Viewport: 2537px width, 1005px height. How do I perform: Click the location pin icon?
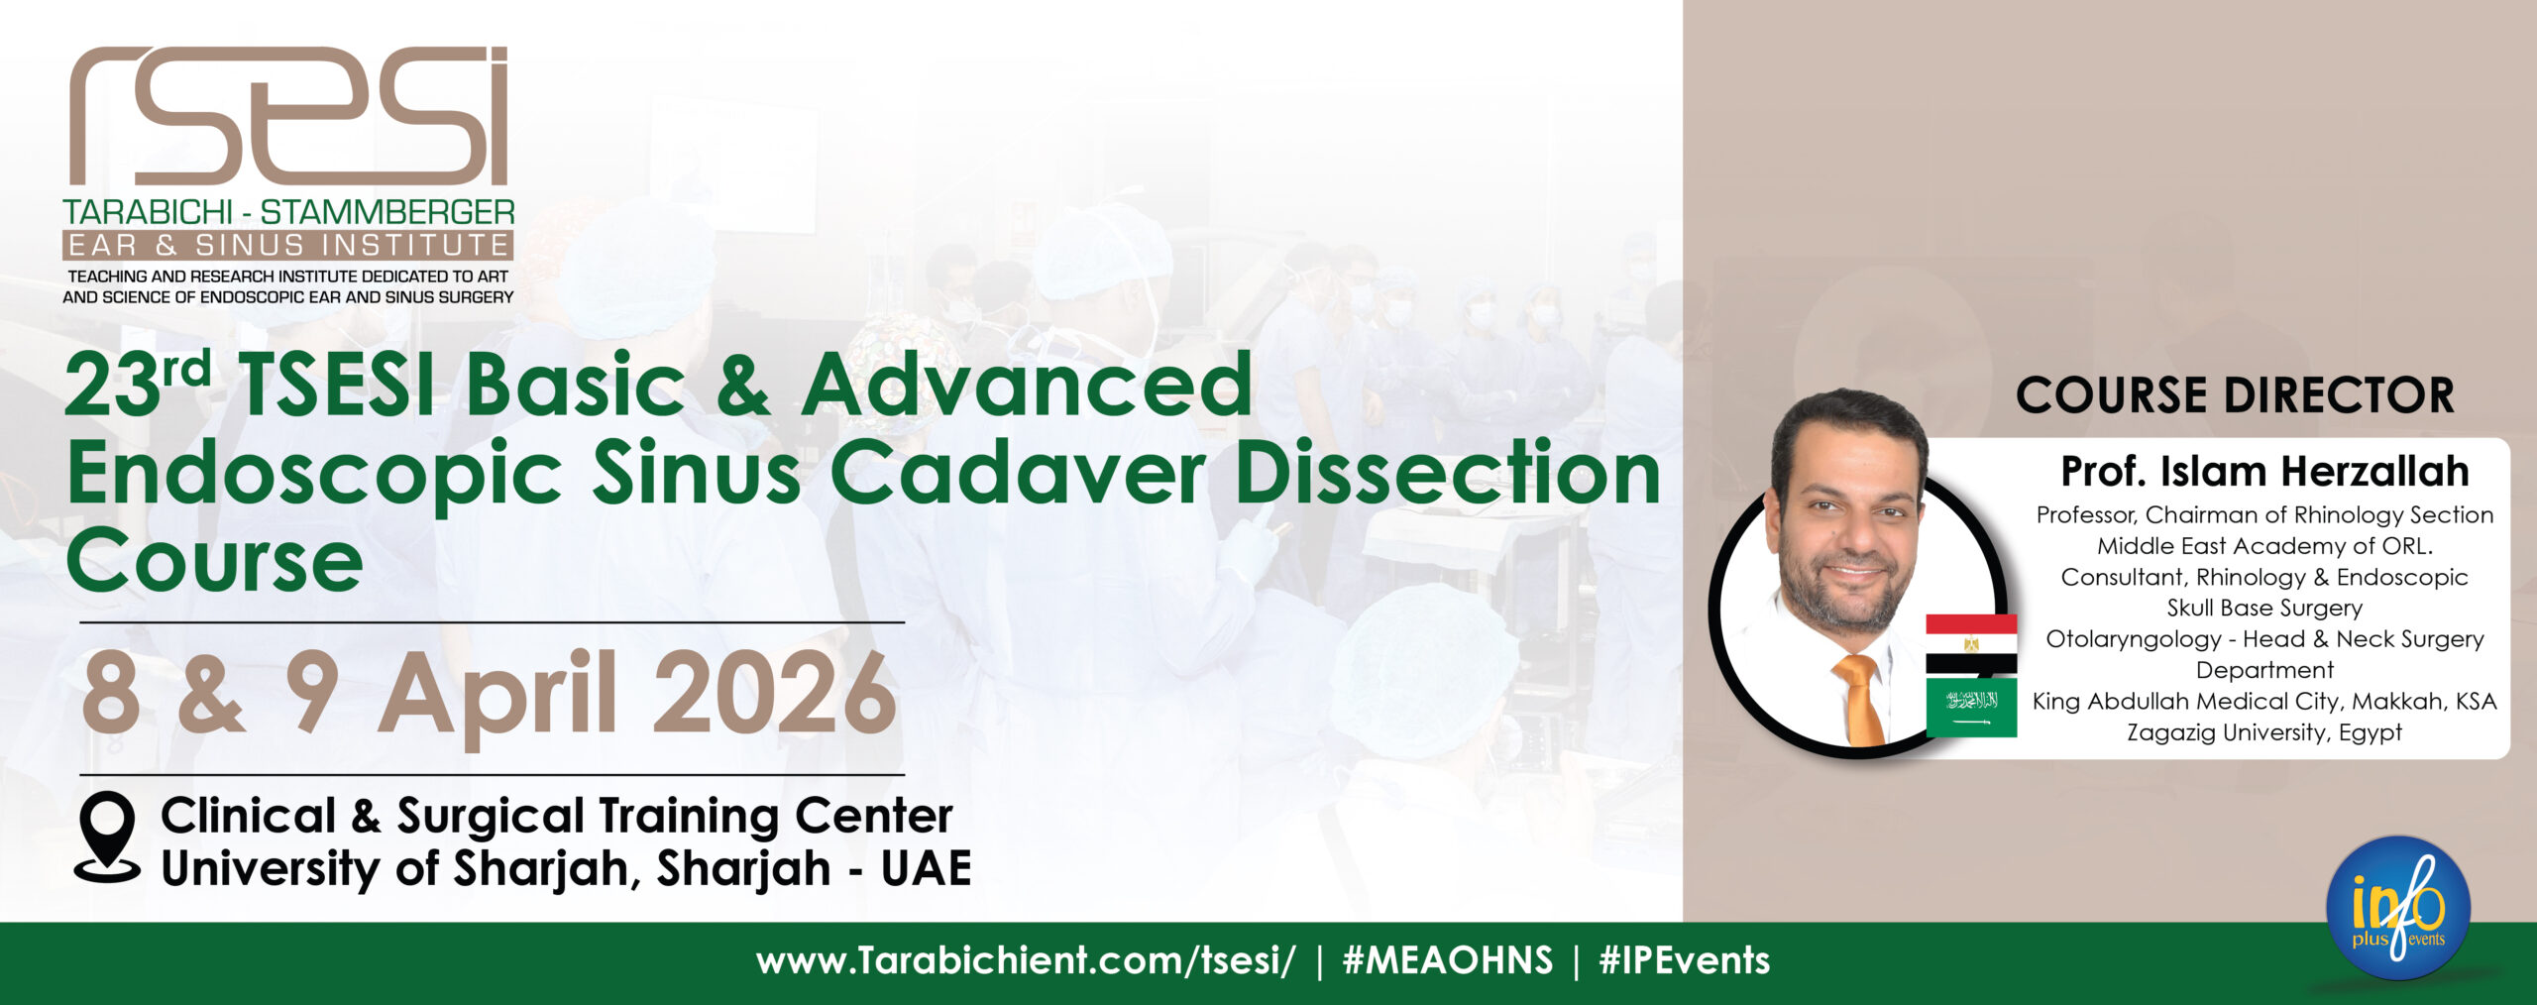point(107,836)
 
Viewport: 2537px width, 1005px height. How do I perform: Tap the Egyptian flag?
point(1971,644)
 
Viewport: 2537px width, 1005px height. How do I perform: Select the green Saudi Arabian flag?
point(1971,707)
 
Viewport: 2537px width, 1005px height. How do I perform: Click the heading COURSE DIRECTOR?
point(2235,394)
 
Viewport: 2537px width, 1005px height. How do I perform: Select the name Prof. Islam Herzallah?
point(2264,471)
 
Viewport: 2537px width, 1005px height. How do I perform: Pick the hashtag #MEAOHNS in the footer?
point(1447,960)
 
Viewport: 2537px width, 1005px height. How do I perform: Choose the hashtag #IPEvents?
point(1685,960)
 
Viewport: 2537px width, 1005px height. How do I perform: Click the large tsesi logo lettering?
point(288,115)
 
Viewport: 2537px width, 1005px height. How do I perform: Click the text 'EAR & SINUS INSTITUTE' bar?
point(287,245)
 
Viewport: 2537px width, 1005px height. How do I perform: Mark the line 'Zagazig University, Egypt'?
point(2264,732)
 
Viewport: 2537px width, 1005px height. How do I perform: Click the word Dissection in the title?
point(1449,473)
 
